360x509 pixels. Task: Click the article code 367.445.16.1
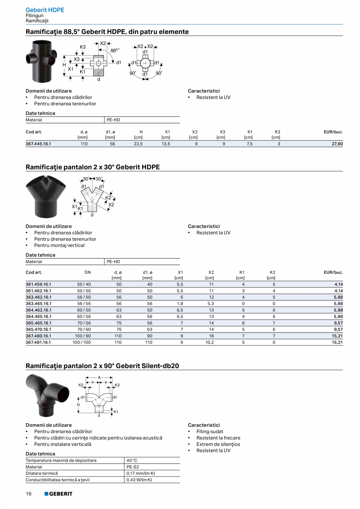click(x=38, y=144)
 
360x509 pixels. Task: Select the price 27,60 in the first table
click(x=337, y=144)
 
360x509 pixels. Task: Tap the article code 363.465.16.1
click(x=38, y=304)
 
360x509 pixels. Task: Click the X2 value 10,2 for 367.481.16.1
click(x=211, y=342)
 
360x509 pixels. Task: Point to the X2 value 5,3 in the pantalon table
click(x=211, y=304)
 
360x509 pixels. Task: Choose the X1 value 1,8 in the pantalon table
click(x=180, y=304)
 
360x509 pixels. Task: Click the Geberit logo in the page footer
click(x=58, y=494)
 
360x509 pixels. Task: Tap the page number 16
click(x=29, y=494)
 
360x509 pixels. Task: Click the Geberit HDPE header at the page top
click(x=45, y=10)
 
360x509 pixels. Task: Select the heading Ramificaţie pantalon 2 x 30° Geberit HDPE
click(x=93, y=167)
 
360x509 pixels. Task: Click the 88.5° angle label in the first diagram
click(x=114, y=50)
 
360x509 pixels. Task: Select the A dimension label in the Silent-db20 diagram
click(x=99, y=378)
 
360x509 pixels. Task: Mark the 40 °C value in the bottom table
click(x=132, y=460)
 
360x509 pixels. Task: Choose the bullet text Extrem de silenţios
click(x=218, y=444)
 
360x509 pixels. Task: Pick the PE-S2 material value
click(x=132, y=467)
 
